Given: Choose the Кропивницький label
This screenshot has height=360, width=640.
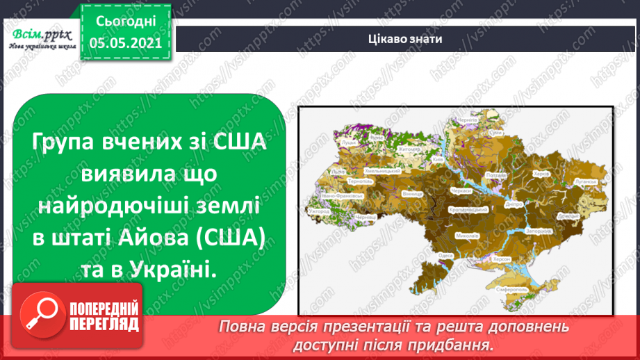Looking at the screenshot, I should tap(463, 208).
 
